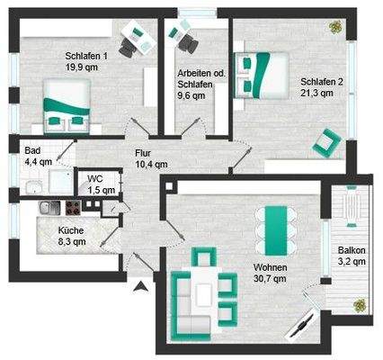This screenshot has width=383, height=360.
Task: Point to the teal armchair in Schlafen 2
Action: pyautogui.click(x=325, y=140)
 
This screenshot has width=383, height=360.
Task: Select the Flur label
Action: pyautogui.click(x=144, y=152)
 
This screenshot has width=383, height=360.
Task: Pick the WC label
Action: pyautogui.click(x=95, y=180)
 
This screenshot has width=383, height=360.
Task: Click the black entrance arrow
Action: pyautogui.click(x=139, y=287)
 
